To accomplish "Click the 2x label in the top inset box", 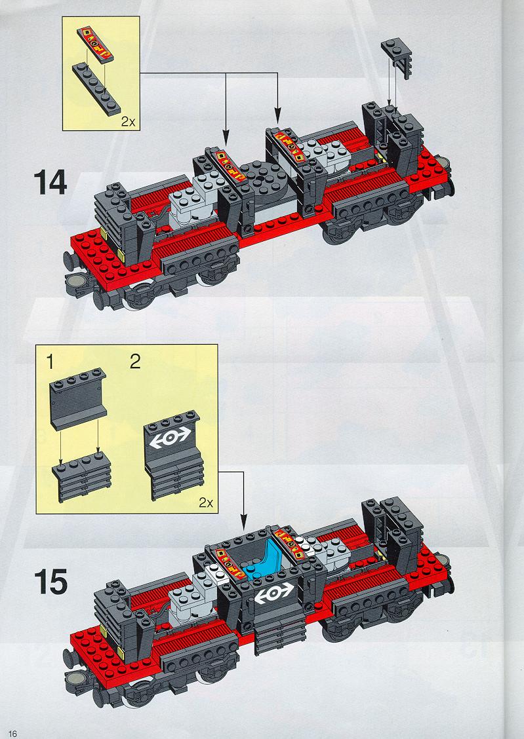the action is pos(129,122).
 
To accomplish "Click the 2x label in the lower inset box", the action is pos(206,503).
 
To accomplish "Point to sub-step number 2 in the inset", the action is pos(135,362).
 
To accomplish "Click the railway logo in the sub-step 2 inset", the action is pos(170,438).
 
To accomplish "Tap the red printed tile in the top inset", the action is pos(95,45).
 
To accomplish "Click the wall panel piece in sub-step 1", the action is pos(78,399).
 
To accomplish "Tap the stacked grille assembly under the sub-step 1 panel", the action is pos(81,476).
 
